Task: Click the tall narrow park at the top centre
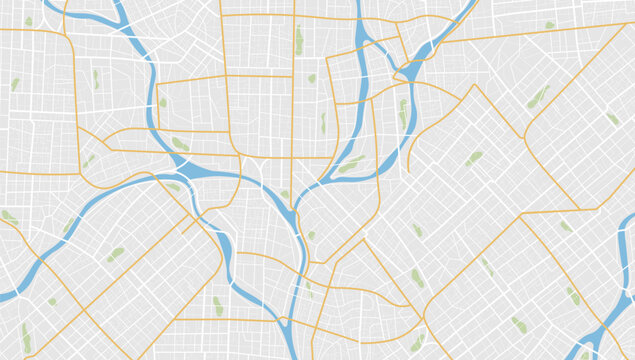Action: click(299, 41)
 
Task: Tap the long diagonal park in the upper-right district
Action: click(539, 96)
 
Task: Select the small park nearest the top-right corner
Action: click(549, 25)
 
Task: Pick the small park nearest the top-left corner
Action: click(29, 21)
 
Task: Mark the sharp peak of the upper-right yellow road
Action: click(474, 86)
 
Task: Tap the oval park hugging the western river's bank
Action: click(180, 145)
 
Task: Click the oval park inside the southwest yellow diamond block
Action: click(116, 254)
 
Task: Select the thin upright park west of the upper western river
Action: click(96, 78)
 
